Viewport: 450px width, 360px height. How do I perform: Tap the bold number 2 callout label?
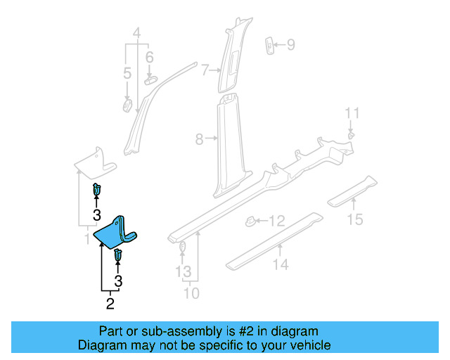[x=110, y=304]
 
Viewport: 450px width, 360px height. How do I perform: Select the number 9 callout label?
[x=290, y=46]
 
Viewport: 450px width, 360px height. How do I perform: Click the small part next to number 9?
[x=269, y=44]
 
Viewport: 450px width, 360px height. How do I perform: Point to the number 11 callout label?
[x=352, y=112]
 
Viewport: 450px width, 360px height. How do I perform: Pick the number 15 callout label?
[x=355, y=220]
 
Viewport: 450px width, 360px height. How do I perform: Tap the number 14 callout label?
[x=281, y=264]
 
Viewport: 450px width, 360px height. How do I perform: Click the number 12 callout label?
[x=277, y=221]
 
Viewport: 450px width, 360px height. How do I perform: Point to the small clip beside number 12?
[x=250, y=221]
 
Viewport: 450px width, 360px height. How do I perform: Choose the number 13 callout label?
[x=183, y=271]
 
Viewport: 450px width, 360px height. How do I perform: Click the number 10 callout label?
[x=191, y=292]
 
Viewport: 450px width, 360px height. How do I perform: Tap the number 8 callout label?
[x=200, y=140]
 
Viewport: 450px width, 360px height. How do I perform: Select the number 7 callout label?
[x=205, y=70]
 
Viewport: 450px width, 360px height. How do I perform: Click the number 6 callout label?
[x=149, y=57]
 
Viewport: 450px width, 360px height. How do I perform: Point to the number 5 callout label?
[x=127, y=73]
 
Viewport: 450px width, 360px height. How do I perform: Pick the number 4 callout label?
[x=137, y=32]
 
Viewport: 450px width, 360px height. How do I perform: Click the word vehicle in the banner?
[x=308, y=345]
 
